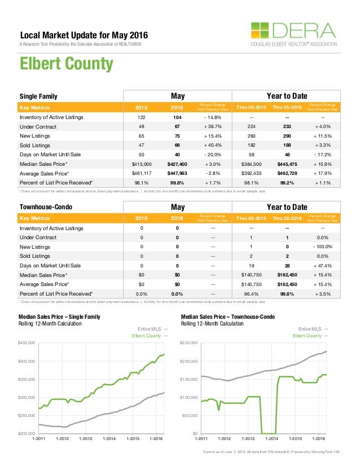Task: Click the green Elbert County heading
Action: pos(67,63)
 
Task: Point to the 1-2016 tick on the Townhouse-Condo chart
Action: pos(318,438)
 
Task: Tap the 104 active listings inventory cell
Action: pos(177,117)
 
